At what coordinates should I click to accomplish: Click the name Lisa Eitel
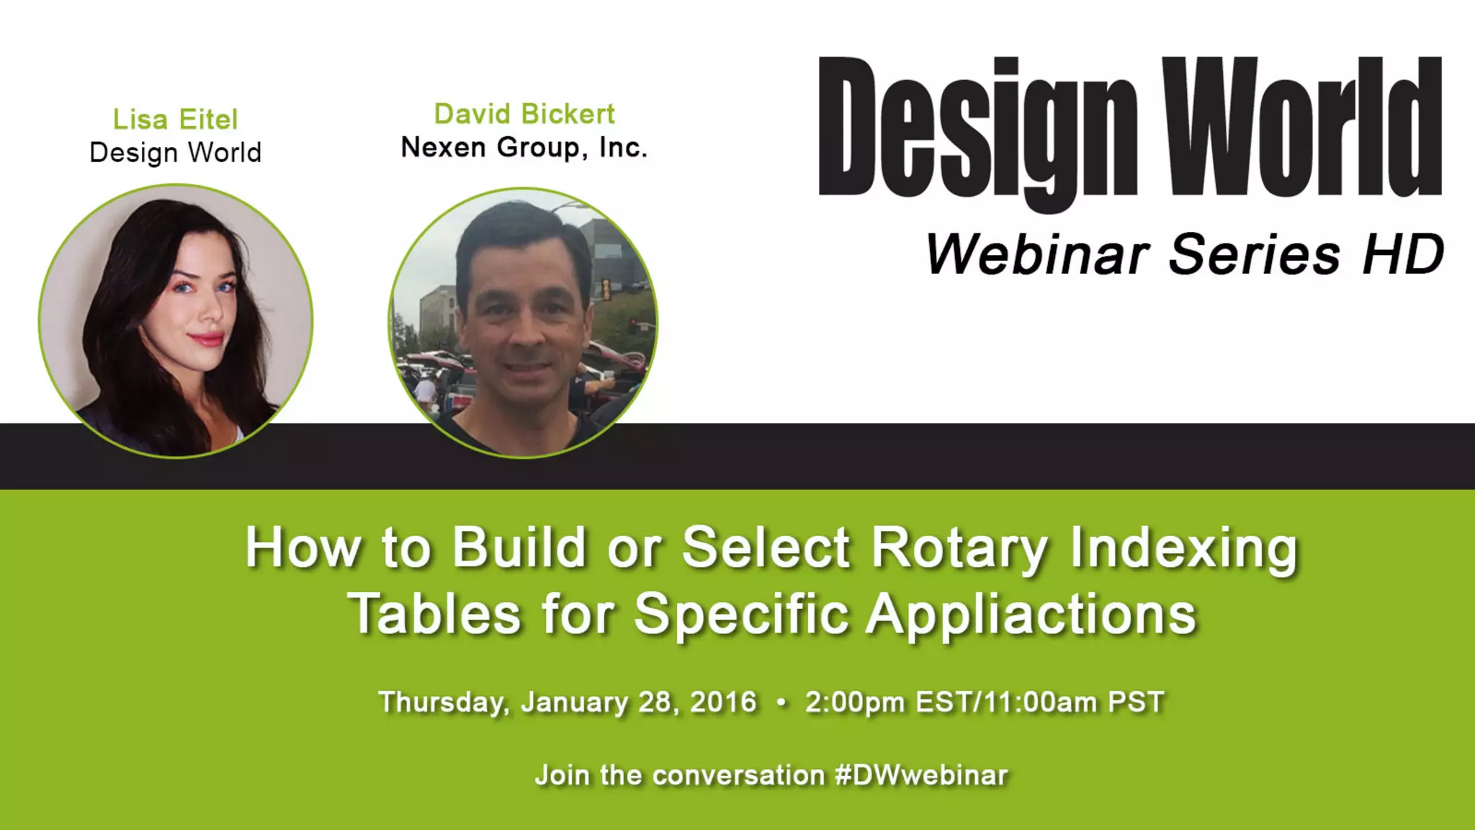tap(175, 120)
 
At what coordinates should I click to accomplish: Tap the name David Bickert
tap(524, 114)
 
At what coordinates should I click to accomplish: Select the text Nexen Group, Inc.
tap(524, 148)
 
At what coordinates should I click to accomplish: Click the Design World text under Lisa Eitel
tap(175, 153)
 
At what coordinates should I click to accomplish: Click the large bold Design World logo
tap(1129, 130)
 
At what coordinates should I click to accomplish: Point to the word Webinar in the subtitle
tap(1037, 254)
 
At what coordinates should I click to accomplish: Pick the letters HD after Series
tap(1403, 254)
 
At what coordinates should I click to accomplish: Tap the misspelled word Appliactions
tap(1031, 615)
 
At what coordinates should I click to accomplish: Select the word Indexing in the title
tap(1183, 549)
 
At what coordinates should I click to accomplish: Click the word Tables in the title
tap(434, 615)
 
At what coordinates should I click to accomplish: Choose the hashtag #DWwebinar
tap(921, 776)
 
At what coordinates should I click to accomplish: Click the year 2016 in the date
tap(723, 702)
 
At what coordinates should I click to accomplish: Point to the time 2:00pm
tap(855, 702)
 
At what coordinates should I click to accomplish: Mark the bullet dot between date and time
tap(781, 702)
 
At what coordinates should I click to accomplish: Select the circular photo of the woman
tap(176, 321)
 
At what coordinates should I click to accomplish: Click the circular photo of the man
tap(524, 323)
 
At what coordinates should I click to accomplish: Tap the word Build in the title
tap(519, 549)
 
